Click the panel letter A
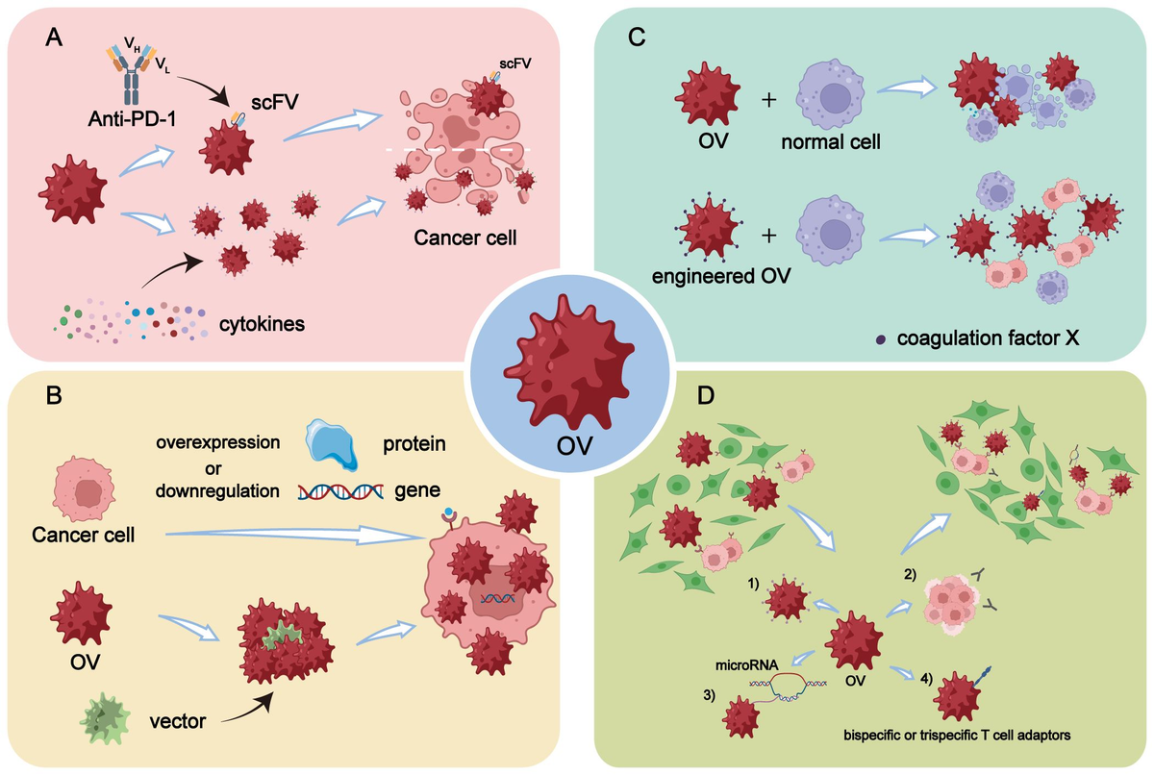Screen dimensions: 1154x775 (54, 37)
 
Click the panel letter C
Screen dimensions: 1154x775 (637, 37)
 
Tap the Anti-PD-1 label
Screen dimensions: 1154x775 (132, 119)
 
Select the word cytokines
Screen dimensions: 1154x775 (262, 324)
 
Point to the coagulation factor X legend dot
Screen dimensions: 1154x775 (881, 339)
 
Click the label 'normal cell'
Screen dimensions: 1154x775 (831, 142)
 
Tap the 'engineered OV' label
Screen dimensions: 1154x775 (721, 277)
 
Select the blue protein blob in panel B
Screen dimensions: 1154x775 (332, 444)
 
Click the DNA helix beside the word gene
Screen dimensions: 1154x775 (340, 491)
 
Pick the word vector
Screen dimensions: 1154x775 (178, 721)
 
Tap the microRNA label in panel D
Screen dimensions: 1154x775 (746, 665)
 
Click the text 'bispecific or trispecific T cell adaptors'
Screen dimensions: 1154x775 (957, 736)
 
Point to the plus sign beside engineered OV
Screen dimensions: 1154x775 (768, 236)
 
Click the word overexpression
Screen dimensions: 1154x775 (218, 442)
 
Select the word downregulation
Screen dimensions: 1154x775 (217, 491)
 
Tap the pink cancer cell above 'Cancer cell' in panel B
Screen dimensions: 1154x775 (84, 488)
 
